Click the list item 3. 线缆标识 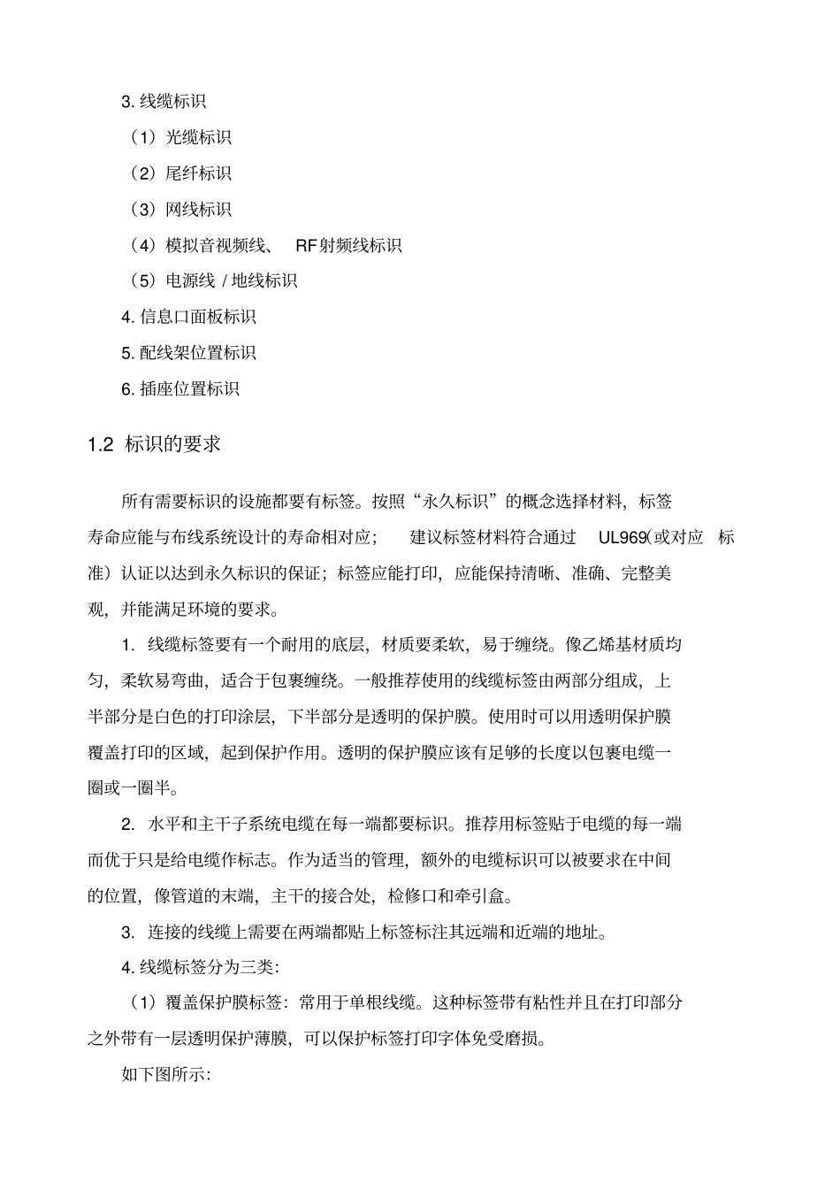click(164, 102)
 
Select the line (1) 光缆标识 click(180, 137)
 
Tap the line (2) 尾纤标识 click(180, 173)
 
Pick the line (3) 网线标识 click(180, 210)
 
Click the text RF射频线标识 click(348, 245)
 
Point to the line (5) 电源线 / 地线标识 click(213, 280)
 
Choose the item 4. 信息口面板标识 click(188, 317)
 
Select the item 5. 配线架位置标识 click(188, 353)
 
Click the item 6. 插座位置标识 click(180, 388)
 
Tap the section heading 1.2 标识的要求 click(155, 444)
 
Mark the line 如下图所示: click(165, 1075)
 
